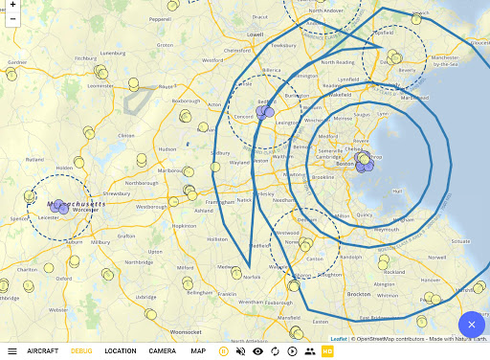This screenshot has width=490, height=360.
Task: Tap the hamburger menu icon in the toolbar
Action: pos(12,351)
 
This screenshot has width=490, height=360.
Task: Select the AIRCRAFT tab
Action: pos(42,351)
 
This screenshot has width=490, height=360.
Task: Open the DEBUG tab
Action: pos(81,351)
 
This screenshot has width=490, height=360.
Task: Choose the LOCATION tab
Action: pos(121,351)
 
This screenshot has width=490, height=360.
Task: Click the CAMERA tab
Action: pos(162,351)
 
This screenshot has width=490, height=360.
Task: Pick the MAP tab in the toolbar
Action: pos(198,351)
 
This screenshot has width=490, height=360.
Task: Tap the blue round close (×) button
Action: pos(472,325)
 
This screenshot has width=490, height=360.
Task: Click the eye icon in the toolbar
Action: pos(257,351)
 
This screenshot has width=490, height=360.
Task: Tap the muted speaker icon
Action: pos(240,351)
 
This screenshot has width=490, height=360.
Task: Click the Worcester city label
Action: pos(85,211)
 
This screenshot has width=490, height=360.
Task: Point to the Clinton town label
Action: pos(125,136)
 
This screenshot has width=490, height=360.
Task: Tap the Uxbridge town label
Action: pos(145,297)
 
